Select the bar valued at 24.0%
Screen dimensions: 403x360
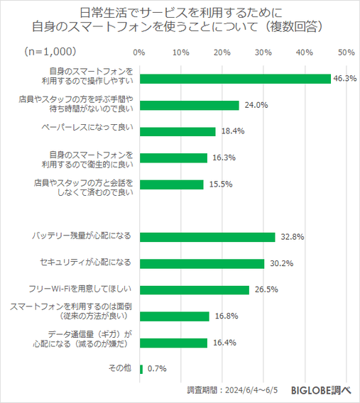pyautogui.click(x=190, y=105)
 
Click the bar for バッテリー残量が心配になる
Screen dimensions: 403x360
pyautogui.click(x=207, y=237)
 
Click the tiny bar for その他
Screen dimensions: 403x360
pyautogui.click(x=142, y=368)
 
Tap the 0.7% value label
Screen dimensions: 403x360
pyautogui.click(x=157, y=368)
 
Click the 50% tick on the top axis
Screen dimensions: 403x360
pyautogui.click(x=347, y=53)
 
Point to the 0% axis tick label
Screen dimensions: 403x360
pyautogui.click(x=139, y=53)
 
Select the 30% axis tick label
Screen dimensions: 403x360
pyautogui.click(x=263, y=53)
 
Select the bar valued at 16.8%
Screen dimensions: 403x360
pyautogui.click(x=175, y=316)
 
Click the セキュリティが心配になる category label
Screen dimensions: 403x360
pyautogui.click(x=87, y=263)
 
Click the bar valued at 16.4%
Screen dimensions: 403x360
pyautogui.click(x=174, y=342)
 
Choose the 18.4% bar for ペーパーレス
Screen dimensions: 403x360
pyautogui.click(x=178, y=131)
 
